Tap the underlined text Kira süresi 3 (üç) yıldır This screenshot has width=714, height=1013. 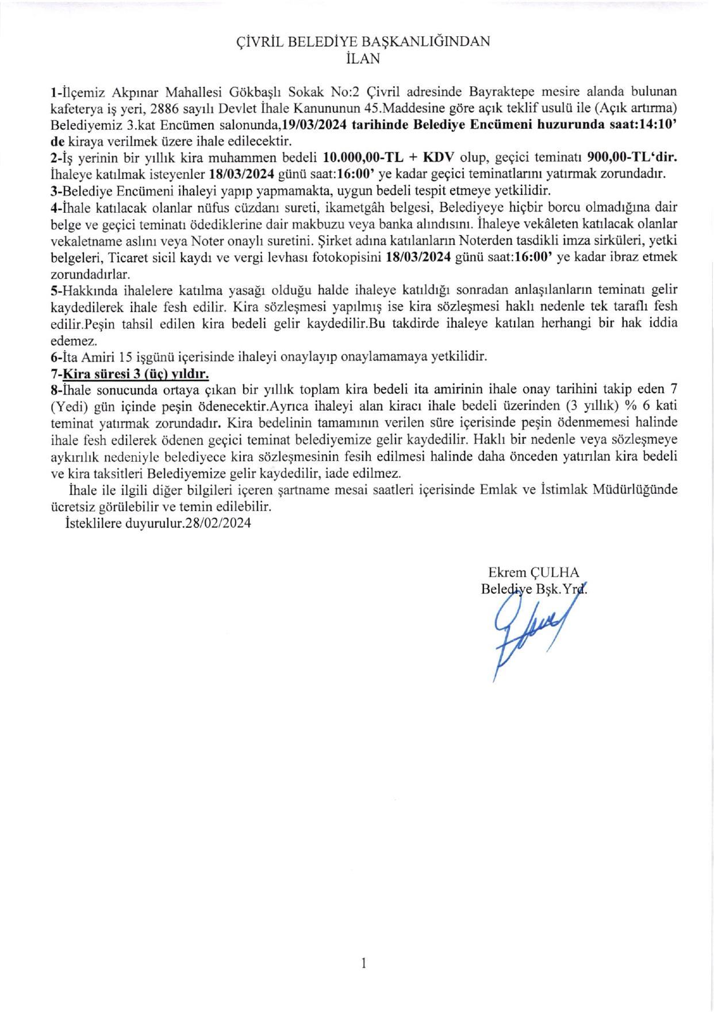click(135, 374)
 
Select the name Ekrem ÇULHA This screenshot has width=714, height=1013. click(533, 572)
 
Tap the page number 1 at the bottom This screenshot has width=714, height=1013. click(363, 962)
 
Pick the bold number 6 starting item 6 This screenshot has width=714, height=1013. click(54, 356)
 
